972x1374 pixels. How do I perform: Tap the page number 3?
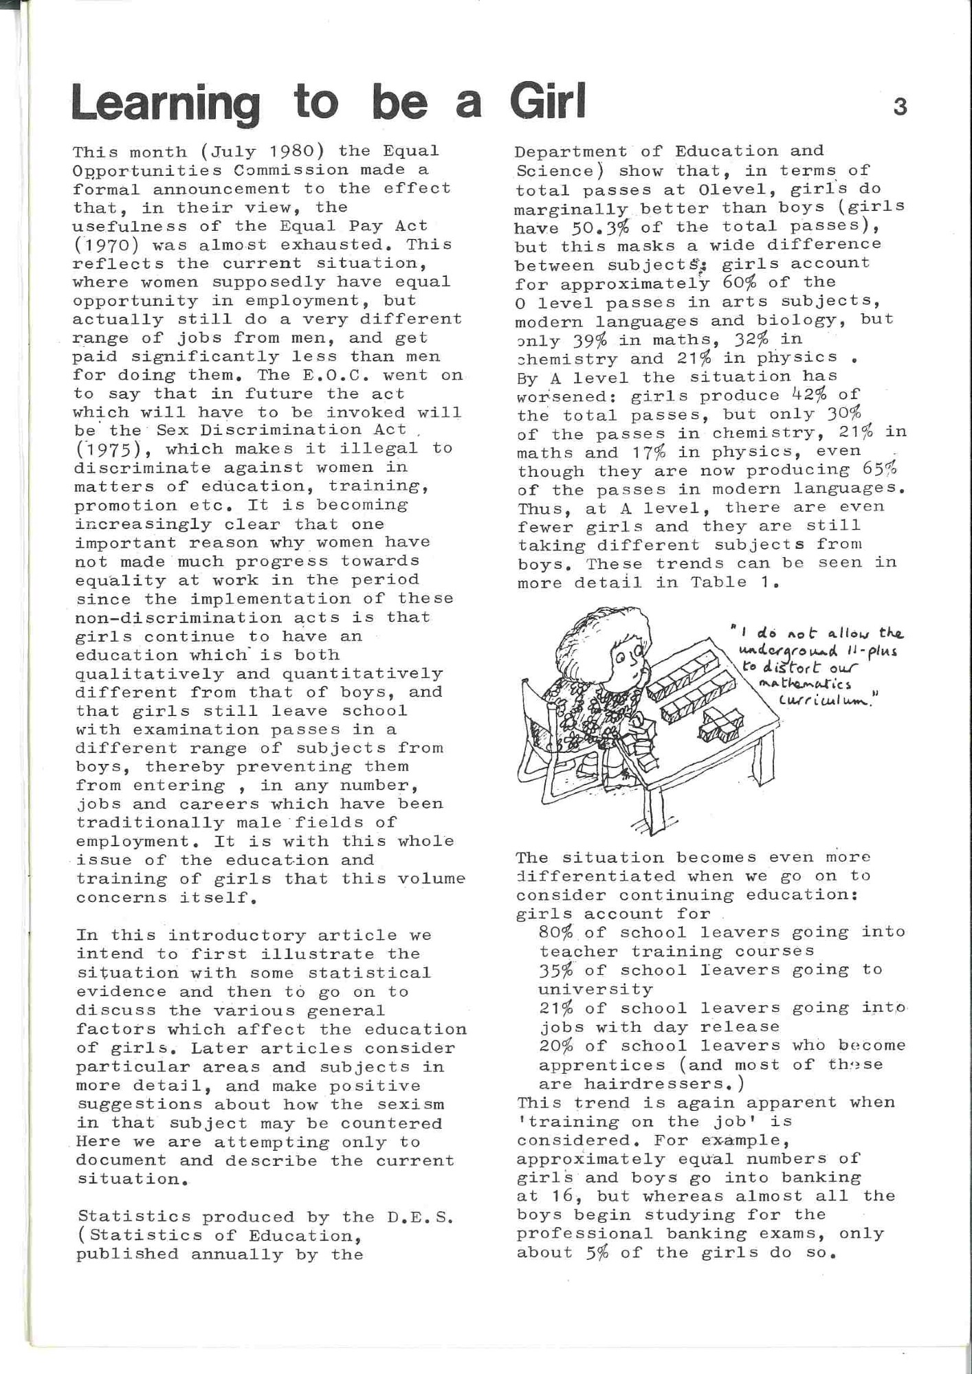(x=900, y=108)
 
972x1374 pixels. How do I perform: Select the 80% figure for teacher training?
(x=557, y=932)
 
